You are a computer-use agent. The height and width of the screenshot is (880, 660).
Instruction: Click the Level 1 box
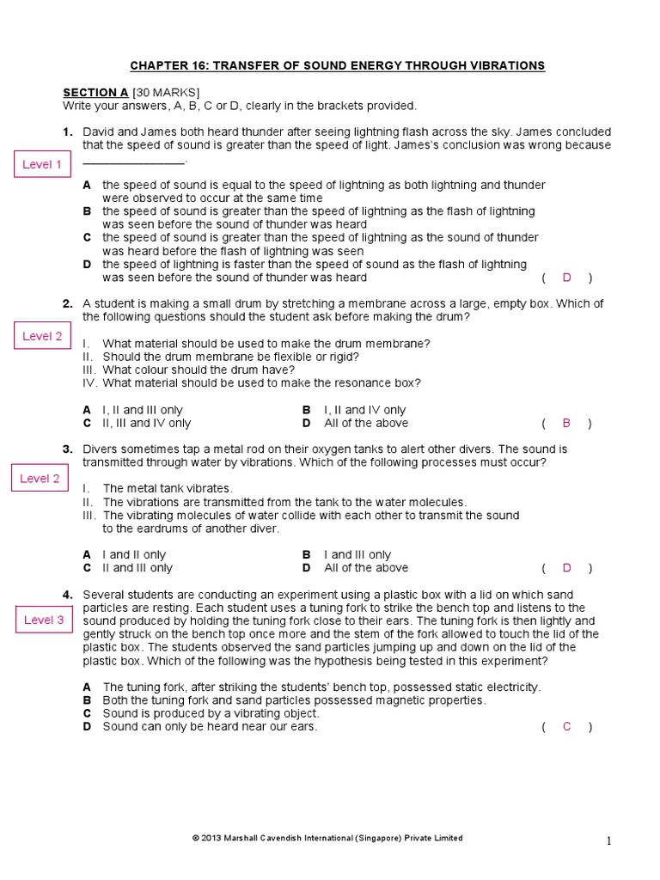click(41, 164)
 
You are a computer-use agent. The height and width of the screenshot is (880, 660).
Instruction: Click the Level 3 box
click(44, 620)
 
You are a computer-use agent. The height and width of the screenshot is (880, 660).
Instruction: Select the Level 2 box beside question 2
click(41, 336)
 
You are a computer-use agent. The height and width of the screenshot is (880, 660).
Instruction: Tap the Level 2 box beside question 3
click(40, 478)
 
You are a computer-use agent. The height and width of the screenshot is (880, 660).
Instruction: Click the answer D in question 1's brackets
click(566, 278)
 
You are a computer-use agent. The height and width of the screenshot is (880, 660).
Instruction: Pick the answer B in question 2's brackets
click(566, 423)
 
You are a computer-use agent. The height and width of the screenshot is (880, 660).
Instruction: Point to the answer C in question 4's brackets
click(566, 727)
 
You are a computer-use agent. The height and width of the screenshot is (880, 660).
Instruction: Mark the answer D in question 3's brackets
click(566, 568)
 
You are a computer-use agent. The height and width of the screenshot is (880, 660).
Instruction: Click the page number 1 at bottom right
click(609, 842)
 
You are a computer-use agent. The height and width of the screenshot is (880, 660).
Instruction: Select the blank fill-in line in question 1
click(133, 162)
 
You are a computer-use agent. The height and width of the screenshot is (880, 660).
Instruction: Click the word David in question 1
click(98, 132)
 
